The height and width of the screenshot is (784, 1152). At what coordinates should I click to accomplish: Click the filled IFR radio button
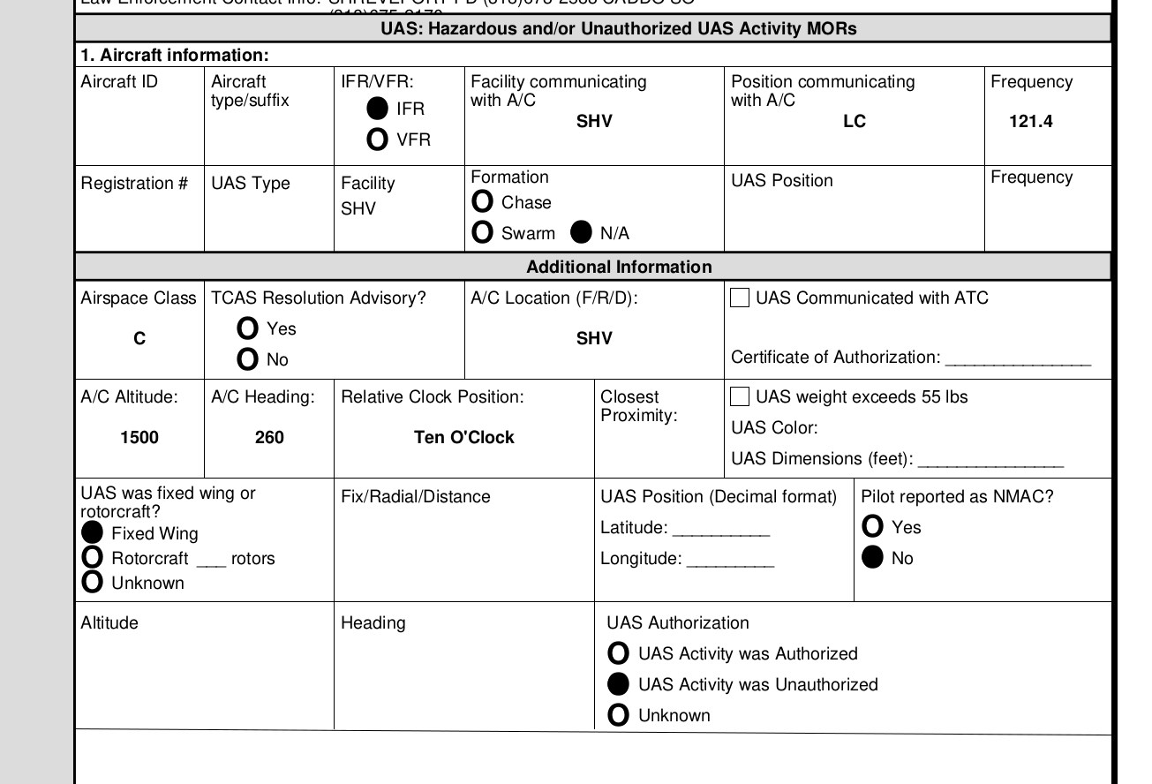[377, 109]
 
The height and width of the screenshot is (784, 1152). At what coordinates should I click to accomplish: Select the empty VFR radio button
[377, 139]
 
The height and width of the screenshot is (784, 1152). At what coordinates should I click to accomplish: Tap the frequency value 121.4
[1031, 122]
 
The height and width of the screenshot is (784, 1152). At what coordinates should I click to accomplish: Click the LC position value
[855, 122]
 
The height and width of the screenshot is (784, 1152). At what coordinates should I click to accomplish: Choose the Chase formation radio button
[482, 202]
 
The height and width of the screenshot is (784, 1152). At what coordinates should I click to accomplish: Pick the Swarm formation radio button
[482, 233]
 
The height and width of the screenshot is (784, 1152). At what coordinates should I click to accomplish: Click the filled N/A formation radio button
[581, 233]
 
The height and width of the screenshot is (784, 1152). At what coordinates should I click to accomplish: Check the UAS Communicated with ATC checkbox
[740, 298]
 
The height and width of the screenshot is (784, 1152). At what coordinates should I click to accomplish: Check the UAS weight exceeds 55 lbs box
[740, 397]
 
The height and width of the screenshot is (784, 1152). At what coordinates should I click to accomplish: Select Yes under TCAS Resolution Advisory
[248, 328]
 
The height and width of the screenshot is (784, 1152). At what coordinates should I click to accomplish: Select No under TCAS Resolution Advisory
[248, 359]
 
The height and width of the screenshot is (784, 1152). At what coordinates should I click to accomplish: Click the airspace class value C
[139, 339]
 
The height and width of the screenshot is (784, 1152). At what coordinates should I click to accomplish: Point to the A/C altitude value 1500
[139, 438]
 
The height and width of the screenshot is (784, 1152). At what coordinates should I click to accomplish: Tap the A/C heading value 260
[269, 438]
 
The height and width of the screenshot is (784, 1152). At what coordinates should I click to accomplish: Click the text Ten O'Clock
[464, 438]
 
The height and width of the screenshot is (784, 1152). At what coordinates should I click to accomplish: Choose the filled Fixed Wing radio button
[92, 533]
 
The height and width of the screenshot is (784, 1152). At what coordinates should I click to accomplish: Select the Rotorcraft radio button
[92, 558]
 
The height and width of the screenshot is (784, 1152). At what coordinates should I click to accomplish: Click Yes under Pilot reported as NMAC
[872, 527]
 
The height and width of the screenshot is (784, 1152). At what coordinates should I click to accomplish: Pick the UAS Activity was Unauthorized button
[619, 684]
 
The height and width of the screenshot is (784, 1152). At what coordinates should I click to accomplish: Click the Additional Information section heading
[619, 267]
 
